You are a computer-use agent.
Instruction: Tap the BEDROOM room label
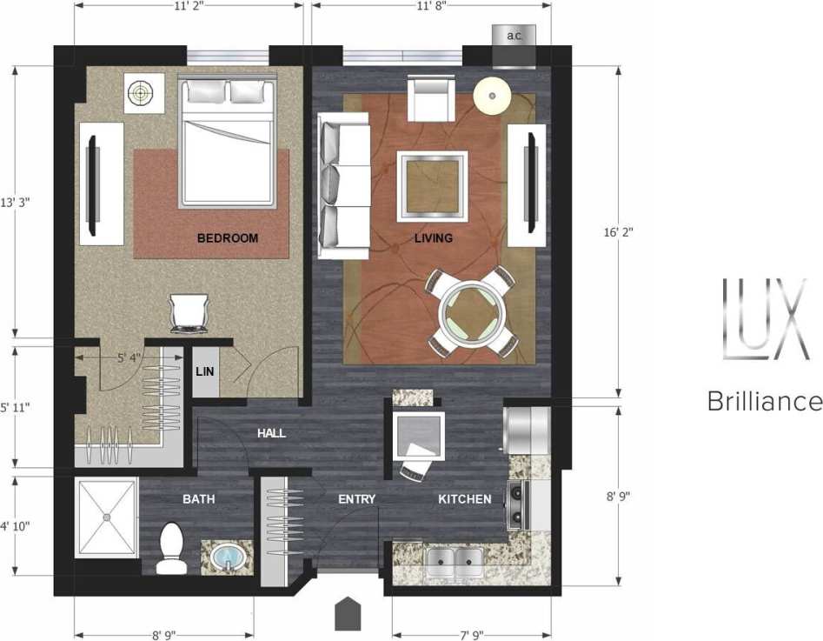tap(228, 237)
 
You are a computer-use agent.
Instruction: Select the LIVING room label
tap(433, 237)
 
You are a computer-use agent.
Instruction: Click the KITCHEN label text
tap(464, 499)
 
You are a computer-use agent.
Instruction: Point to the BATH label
tap(198, 499)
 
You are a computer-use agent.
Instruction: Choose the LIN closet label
tap(204, 371)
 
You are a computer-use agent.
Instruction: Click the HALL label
tap(271, 433)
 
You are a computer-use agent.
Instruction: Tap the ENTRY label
tap(356, 499)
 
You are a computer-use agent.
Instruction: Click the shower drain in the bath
tap(106, 517)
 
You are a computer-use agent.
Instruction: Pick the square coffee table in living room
tap(432, 185)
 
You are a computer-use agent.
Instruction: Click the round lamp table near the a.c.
tap(491, 93)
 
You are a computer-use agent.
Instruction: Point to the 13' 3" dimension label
tap(17, 201)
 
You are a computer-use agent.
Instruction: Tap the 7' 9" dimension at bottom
tap(467, 634)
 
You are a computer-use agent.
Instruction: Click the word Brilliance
tap(764, 402)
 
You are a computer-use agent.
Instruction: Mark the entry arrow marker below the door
tap(348, 614)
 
